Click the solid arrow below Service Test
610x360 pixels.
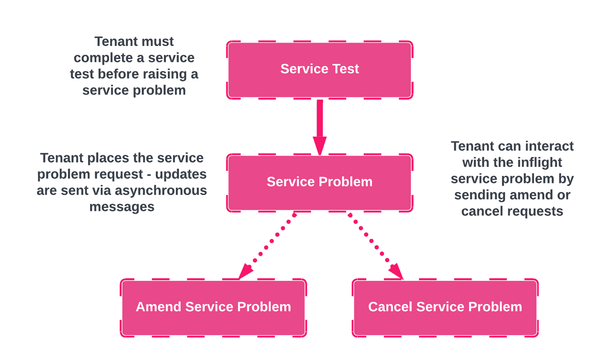pyautogui.click(x=320, y=121)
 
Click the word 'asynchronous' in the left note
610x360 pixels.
pyautogui.click(x=161, y=190)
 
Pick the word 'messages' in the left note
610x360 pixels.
pyautogui.click(x=122, y=206)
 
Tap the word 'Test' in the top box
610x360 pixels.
pyautogui.click(x=345, y=69)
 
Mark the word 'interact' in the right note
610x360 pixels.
pyautogui.click(x=549, y=146)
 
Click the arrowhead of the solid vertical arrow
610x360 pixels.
pyautogui.click(x=320, y=146)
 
